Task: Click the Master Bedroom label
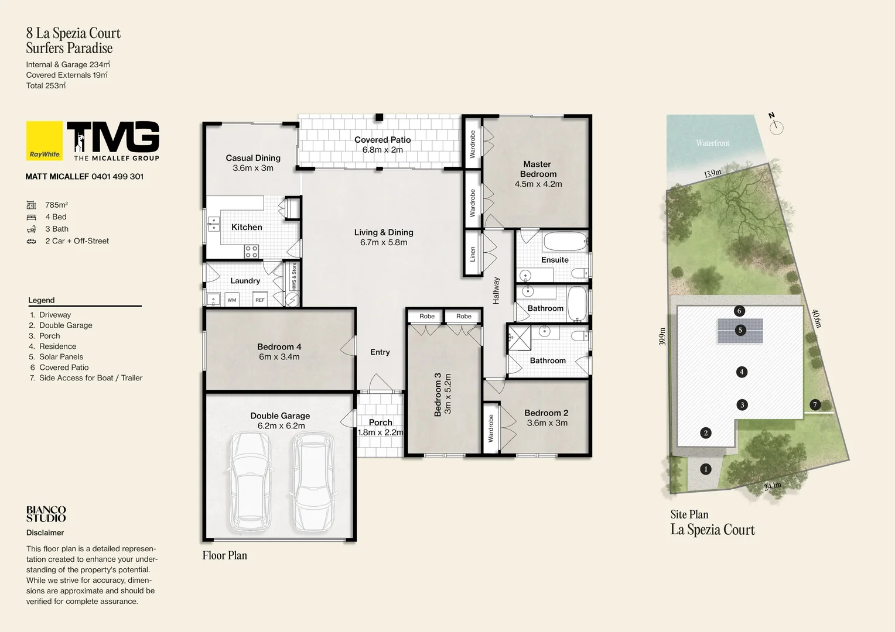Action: click(538, 169)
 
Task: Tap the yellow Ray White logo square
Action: click(45, 140)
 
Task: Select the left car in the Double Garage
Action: click(251, 482)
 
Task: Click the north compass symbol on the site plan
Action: click(776, 126)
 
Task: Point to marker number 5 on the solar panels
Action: click(740, 331)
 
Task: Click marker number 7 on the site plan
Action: click(814, 405)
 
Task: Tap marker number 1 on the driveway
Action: click(706, 469)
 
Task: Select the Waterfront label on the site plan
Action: click(712, 143)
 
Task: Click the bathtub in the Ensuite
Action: click(565, 241)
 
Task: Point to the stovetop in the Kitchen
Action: click(251, 252)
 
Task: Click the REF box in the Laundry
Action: click(259, 300)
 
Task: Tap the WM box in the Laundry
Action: click(232, 300)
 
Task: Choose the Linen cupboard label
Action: click(473, 253)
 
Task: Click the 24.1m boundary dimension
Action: click(772, 486)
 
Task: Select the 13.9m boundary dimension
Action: click(712, 173)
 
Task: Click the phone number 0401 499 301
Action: click(117, 176)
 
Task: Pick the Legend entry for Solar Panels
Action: click(61, 357)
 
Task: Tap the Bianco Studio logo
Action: click(46, 514)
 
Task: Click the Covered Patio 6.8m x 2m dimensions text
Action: click(382, 150)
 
